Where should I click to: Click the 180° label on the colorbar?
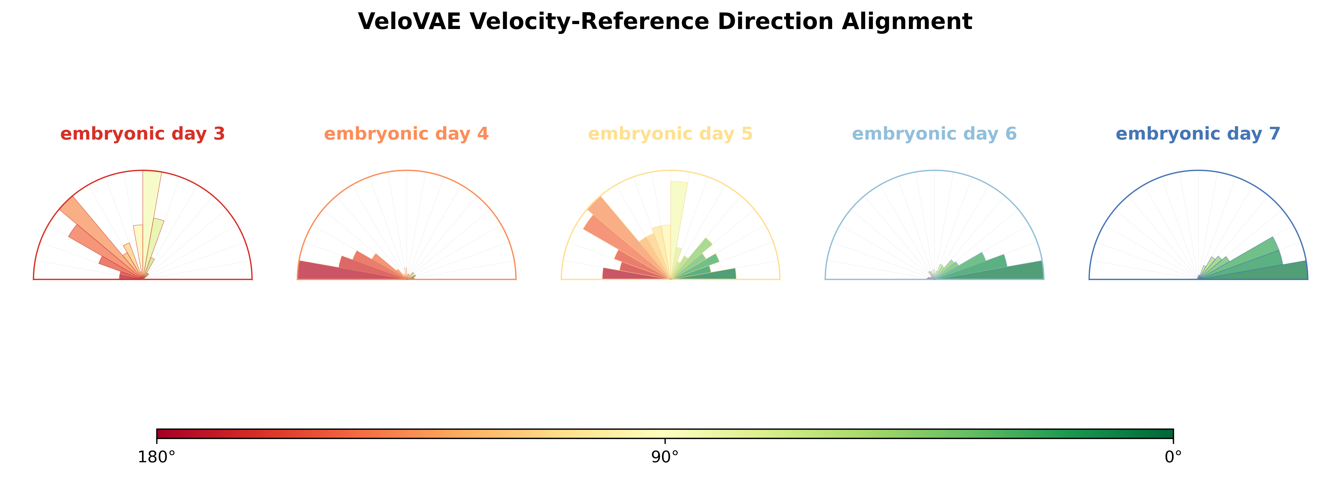[x=157, y=457]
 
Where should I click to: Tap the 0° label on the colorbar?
[x=1173, y=457]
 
